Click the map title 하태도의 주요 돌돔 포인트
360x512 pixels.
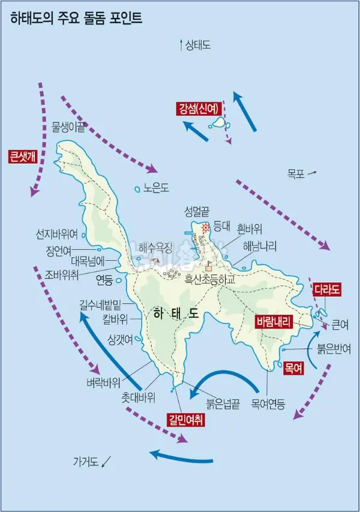(x=76, y=18)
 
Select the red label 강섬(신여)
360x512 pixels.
(x=197, y=108)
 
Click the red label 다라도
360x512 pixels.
(x=327, y=290)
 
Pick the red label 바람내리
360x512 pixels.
(x=273, y=322)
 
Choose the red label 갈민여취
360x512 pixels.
(x=185, y=420)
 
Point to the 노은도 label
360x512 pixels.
(x=157, y=189)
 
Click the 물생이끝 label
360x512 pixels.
(x=68, y=126)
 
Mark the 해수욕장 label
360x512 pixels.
(x=155, y=247)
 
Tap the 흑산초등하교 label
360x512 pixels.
(x=225, y=279)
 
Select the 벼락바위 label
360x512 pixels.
(x=103, y=383)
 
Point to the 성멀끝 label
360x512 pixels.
(x=198, y=211)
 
